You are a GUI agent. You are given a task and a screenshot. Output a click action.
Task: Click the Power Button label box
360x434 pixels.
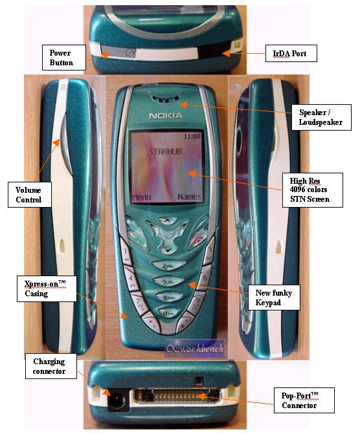coord(63,58)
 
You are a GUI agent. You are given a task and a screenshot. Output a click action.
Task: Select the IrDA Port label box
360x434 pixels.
coord(291,53)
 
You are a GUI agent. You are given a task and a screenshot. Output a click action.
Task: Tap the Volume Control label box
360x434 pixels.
coord(30,194)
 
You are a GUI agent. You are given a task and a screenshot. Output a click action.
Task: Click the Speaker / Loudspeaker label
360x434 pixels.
coord(321,117)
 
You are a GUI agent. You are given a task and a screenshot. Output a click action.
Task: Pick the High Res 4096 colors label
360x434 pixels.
coord(313,190)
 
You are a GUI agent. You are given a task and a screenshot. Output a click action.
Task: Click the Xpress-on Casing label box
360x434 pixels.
coord(47,288)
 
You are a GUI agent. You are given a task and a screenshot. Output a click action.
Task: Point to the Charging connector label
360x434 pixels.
coord(51,366)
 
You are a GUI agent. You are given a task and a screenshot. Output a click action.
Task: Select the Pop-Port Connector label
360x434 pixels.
coord(304,400)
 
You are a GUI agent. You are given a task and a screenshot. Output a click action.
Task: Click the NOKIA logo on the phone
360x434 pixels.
coord(166,116)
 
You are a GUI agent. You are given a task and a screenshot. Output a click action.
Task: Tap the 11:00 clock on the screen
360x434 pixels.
coord(192,136)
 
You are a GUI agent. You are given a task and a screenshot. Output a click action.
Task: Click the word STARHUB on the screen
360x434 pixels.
coord(166,151)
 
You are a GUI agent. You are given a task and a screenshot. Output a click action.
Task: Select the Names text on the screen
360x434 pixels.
coord(189,197)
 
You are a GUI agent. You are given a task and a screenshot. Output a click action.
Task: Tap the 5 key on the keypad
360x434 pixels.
coord(168,281)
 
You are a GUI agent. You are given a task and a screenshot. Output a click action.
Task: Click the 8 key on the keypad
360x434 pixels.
coord(168,298)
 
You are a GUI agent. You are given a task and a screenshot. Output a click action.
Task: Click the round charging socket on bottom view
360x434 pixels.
coord(117,400)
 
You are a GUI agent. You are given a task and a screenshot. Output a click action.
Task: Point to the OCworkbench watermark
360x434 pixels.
coord(194,348)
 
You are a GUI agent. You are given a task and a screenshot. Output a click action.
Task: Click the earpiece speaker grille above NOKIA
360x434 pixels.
coord(165,98)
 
